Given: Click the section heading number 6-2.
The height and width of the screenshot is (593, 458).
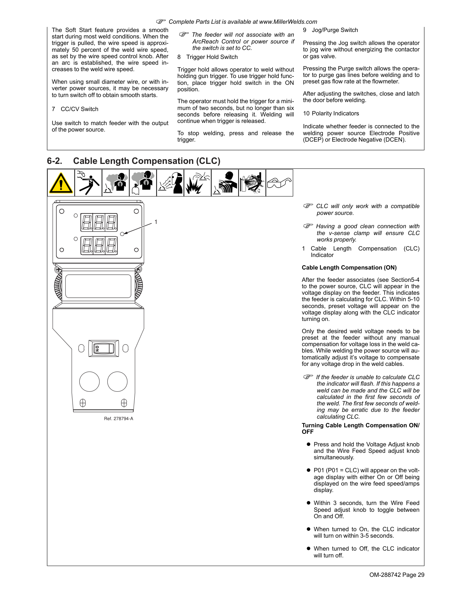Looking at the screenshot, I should tap(54, 161).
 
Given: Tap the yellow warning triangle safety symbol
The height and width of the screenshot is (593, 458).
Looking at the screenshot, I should tap(61, 183).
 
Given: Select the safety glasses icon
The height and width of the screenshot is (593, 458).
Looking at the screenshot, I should tap(279, 183).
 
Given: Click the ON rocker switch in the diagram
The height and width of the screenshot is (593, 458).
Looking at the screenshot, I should tap(103, 348).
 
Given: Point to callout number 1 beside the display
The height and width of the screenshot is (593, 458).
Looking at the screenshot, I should tap(156, 222).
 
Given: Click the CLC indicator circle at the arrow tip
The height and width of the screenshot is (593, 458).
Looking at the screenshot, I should tap(122, 234).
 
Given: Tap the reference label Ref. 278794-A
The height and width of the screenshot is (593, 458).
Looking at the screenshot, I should tap(119, 419).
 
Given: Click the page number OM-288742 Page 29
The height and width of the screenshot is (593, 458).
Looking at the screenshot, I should tap(397, 575).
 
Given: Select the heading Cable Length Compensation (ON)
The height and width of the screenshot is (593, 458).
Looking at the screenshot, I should tap(349, 268).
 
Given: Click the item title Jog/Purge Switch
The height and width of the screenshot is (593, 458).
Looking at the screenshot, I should tap(335, 30).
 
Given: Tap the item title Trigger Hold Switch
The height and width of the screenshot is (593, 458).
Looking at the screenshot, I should tap(212, 57).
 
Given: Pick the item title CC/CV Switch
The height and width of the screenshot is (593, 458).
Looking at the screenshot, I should tap(79, 109).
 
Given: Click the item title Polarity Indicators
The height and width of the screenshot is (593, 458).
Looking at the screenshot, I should tap(335, 114).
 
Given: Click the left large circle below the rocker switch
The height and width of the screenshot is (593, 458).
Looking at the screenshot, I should tap(89, 382).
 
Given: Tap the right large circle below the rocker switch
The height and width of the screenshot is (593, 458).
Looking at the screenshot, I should tap(117, 382).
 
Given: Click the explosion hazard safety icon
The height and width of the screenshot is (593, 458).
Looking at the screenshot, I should tap(197, 183).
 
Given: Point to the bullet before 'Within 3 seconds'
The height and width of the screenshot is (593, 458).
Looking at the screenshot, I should tap(308, 503).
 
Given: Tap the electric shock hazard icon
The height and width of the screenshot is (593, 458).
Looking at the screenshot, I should tap(88, 183).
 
